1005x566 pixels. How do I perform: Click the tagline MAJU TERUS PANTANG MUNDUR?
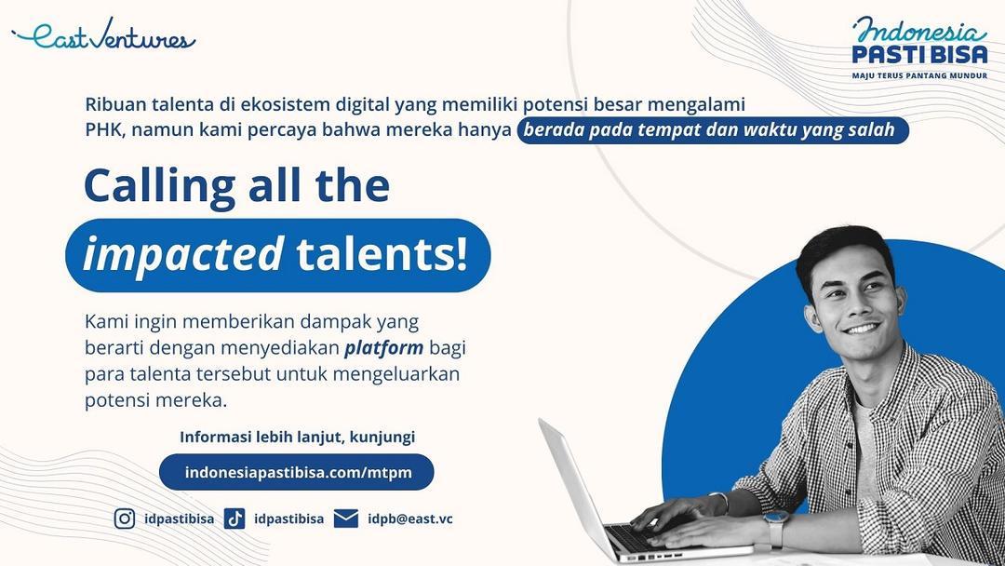(x=919, y=75)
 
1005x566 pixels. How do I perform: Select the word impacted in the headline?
(x=183, y=254)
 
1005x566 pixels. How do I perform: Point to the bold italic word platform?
(x=384, y=349)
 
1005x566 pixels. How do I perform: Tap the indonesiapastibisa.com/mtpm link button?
(x=297, y=472)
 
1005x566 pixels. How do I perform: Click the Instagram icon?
(x=125, y=519)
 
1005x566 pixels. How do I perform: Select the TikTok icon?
(x=234, y=519)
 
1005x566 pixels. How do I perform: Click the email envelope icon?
(x=346, y=519)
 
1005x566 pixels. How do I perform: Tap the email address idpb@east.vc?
(x=410, y=519)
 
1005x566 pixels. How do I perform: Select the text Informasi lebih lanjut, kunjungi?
(x=297, y=438)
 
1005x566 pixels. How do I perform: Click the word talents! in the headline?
(x=382, y=254)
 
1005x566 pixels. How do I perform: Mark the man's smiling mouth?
(x=862, y=329)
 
